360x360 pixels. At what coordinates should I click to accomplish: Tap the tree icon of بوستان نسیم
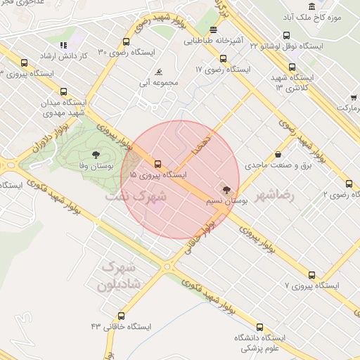pyautogui.click(x=226, y=189)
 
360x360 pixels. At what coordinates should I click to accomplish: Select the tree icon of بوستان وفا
pyautogui.click(x=96, y=155)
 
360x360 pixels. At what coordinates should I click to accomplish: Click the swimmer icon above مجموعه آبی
pyautogui.click(x=160, y=72)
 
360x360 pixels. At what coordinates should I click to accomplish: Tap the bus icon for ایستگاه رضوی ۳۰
pyautogui.click(x=126, y=41)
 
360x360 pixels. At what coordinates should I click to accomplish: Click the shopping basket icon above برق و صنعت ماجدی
pyautogui.click(x=278, y=154)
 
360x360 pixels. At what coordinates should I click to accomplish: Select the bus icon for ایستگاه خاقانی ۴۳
pyautogui.click(x=122, y=316)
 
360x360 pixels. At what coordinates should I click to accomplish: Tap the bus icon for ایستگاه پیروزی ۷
pyautogui.click(x=312, y=275)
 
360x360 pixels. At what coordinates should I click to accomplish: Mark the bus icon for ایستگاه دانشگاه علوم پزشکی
pyautogui.click(x=259, y=326)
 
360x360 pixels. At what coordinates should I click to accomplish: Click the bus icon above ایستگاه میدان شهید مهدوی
pyautogui.click(x=64, y=91)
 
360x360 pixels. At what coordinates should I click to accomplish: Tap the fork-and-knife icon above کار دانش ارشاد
pyautogui.click(x=64, y=46)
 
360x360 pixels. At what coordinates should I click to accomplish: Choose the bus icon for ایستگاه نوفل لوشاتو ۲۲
pyautogui.click(x=286, y=35)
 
